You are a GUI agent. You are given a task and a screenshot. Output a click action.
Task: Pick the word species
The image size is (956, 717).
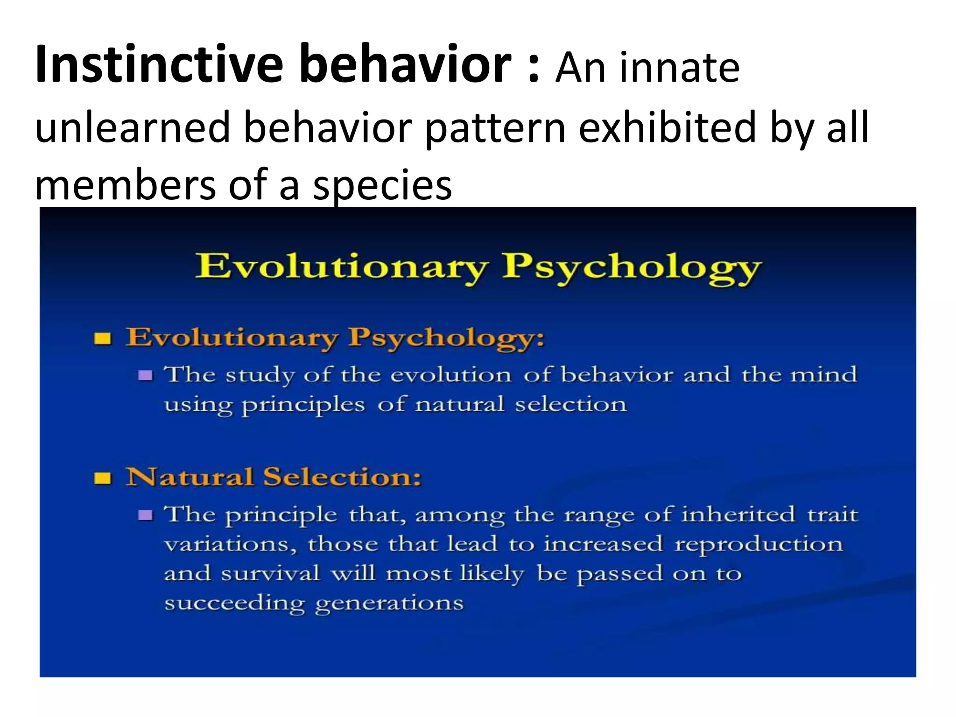pos(382,186)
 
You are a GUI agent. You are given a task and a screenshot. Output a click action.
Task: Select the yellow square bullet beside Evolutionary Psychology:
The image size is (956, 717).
pos(103,338)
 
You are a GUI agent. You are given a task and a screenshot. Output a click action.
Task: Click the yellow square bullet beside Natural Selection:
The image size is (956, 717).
pos(103,478)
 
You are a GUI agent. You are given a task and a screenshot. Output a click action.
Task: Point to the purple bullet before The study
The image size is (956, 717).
pos(146,375)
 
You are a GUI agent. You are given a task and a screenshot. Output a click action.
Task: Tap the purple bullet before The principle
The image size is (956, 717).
pos(146,515)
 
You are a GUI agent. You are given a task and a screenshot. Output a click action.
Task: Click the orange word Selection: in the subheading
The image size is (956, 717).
pos(342,477)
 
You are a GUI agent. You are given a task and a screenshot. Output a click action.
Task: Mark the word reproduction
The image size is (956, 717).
pos(759,545)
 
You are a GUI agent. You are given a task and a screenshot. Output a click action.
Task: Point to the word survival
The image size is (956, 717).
pos(270,574)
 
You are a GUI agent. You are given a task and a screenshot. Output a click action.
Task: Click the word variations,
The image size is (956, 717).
pos(231,545)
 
